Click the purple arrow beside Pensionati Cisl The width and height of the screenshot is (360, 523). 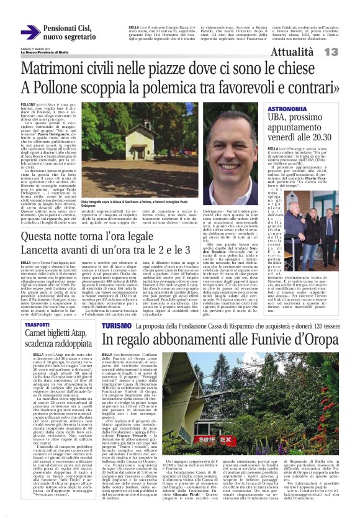[30, 32]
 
